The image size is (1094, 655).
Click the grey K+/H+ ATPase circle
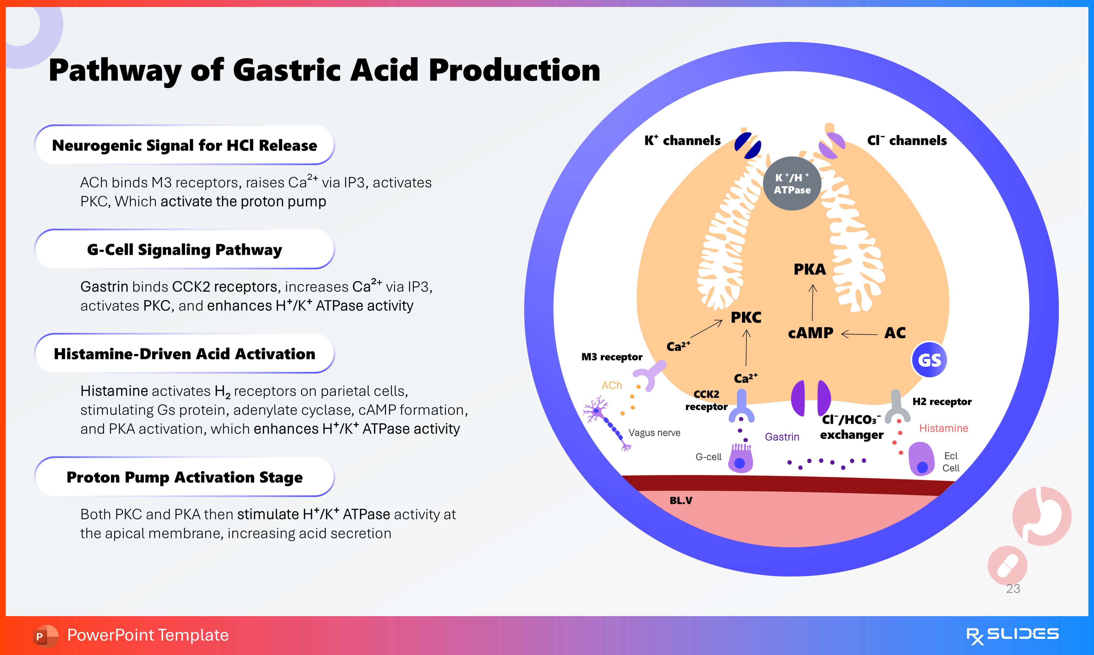click(x=792, y=183)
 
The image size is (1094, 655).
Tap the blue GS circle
click(x=929, y=360)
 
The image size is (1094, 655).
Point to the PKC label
click(x=746, y=317)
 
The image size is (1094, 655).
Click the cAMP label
click(x=810, y=333)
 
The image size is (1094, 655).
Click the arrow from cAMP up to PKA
click(x=812, y=302)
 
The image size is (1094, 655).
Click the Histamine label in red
click(x=943, y=428)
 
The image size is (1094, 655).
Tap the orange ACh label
click(x=611, y=385)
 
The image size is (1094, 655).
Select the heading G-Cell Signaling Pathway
click(x=184, y=250)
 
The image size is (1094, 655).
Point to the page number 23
click(x=1013, y=588)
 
